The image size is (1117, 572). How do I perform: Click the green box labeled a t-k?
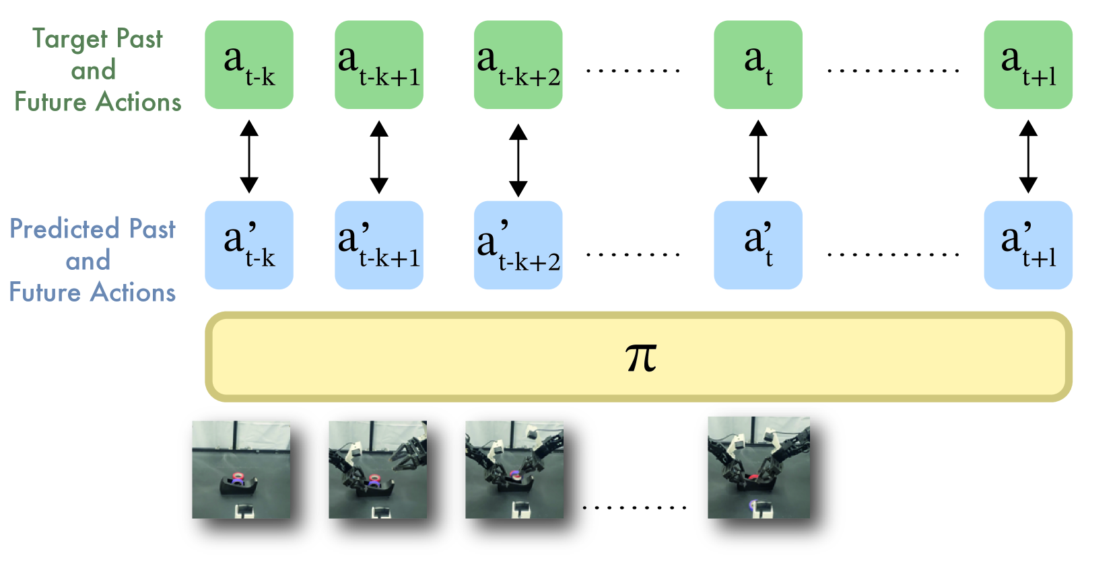click(249, 65)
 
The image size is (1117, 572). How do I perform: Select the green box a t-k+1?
click(379, 65)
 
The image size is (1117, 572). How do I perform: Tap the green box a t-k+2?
click(518, 65)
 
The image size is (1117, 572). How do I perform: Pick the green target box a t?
click(758, 65)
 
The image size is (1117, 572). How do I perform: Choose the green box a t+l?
click(1028, 65)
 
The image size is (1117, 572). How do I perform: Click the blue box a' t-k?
click(249, 245)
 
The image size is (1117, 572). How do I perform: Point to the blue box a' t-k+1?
click(379, 245)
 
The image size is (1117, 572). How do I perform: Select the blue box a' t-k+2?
click(518, 245)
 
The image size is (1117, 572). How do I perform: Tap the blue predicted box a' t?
click(758, 245)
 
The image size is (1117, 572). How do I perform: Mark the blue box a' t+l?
click(1028, 245)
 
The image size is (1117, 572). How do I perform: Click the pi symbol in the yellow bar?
click(640, 357)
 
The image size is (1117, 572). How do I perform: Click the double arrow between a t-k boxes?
click(249, 156)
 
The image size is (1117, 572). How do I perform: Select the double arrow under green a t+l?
click(1028, 156)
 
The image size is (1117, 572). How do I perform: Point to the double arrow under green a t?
click(758, 156)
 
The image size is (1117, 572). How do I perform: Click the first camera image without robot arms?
click(241, 470)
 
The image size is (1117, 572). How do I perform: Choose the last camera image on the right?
click(759, 468)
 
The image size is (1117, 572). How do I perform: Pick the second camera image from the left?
click(378, 470)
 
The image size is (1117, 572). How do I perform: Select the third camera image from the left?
click(514, 470)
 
